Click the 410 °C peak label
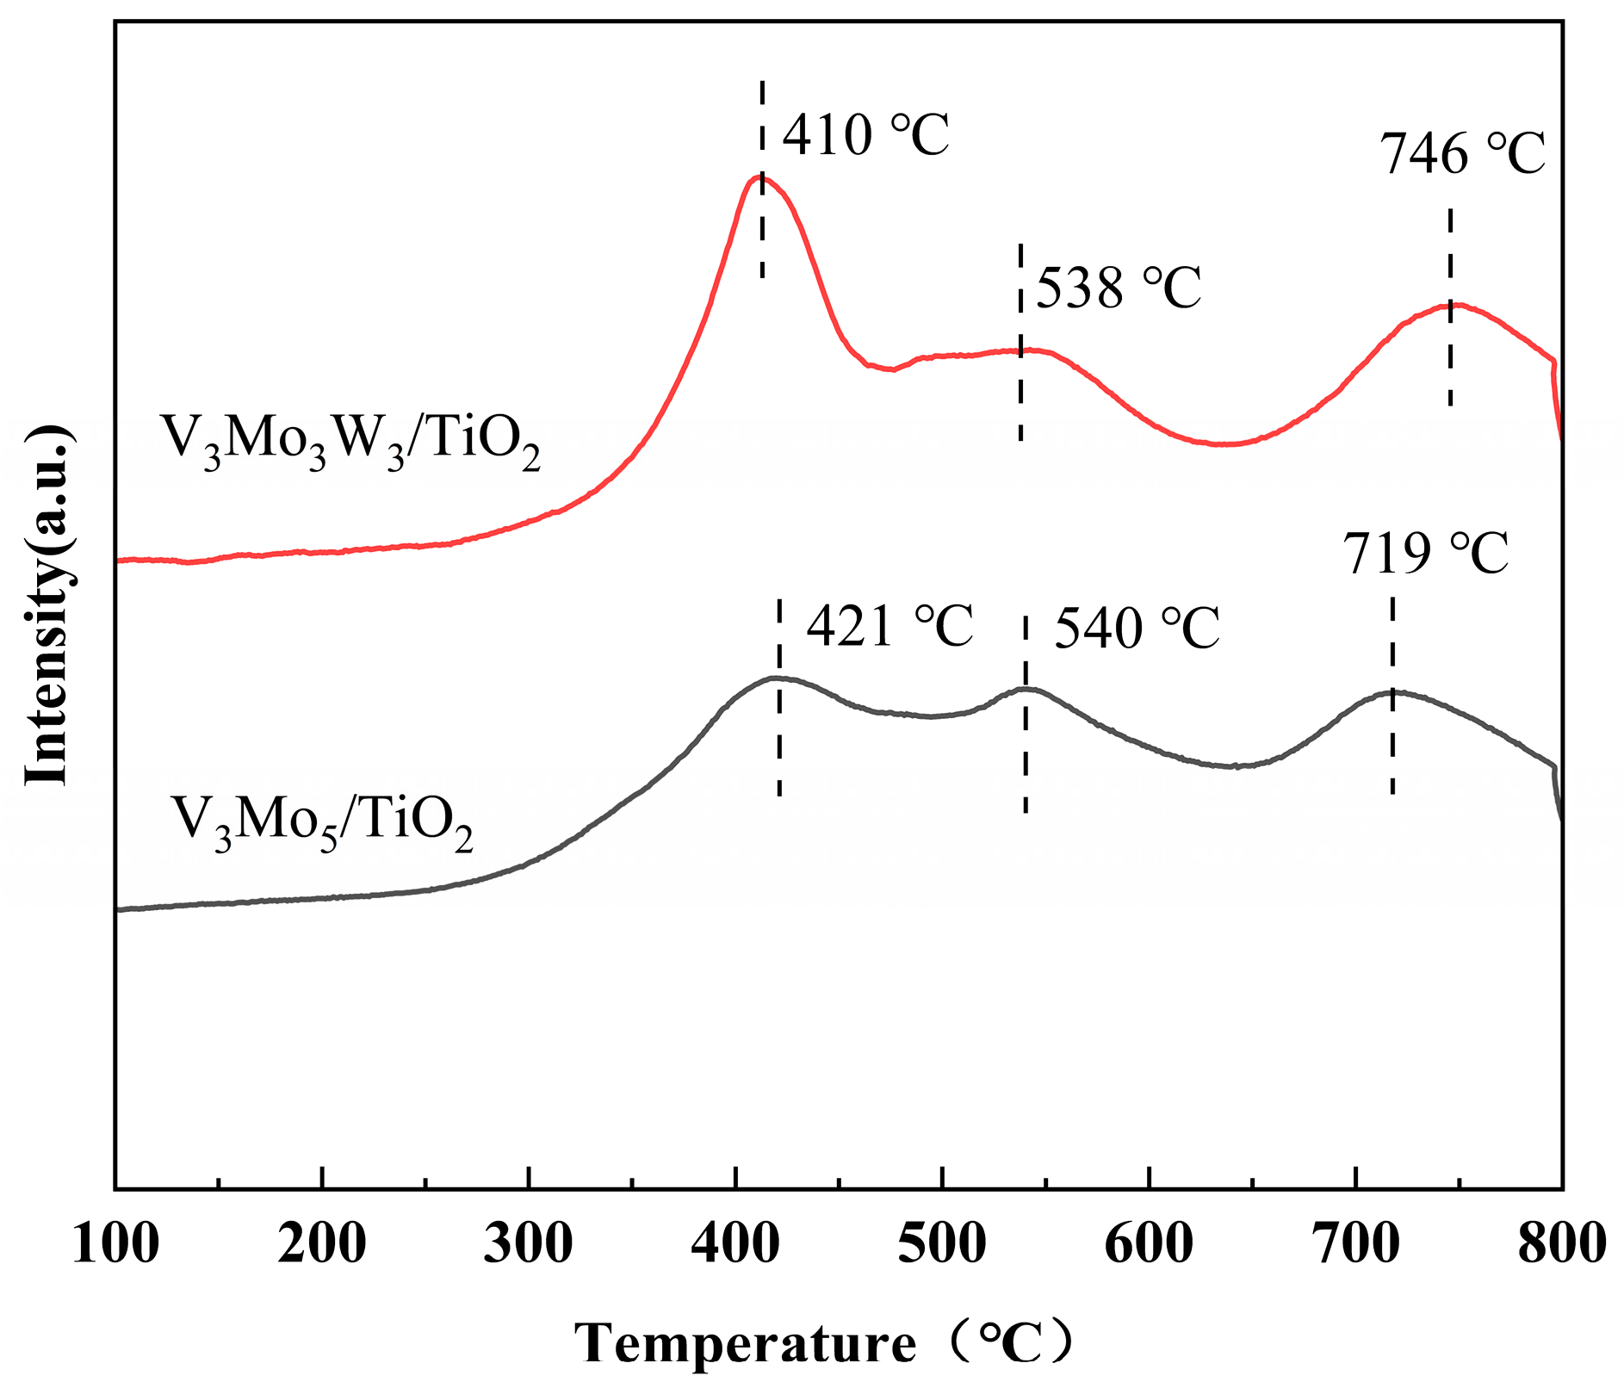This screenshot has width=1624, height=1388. click(x=865, y=135)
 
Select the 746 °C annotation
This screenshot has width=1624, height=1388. click(x=1463, y=155)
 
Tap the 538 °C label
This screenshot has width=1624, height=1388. click(x=1118, y=288)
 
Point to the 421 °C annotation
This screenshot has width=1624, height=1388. click(x=889, y=626)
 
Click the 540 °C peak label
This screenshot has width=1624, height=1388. click(x=1137, y=629)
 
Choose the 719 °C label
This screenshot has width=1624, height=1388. click(x=1426, y=554)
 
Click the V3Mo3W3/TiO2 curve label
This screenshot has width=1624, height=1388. click(x=350, y=441)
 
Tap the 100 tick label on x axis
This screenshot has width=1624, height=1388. click(x=115, y=1244)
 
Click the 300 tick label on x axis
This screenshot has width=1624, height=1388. click(x=528, y=1244)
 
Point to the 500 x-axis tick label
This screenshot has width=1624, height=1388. click(x=942, y=1244)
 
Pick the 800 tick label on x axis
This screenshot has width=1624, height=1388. click(x=1561, y=1244)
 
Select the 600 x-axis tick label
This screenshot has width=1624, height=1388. click(x=1149, y=1244)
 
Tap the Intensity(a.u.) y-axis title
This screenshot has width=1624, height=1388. click(x=47, y=604)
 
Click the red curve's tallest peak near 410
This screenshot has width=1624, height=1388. click(x=760, y=177)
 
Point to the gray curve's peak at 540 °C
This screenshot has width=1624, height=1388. click(x=1025, y=688)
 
